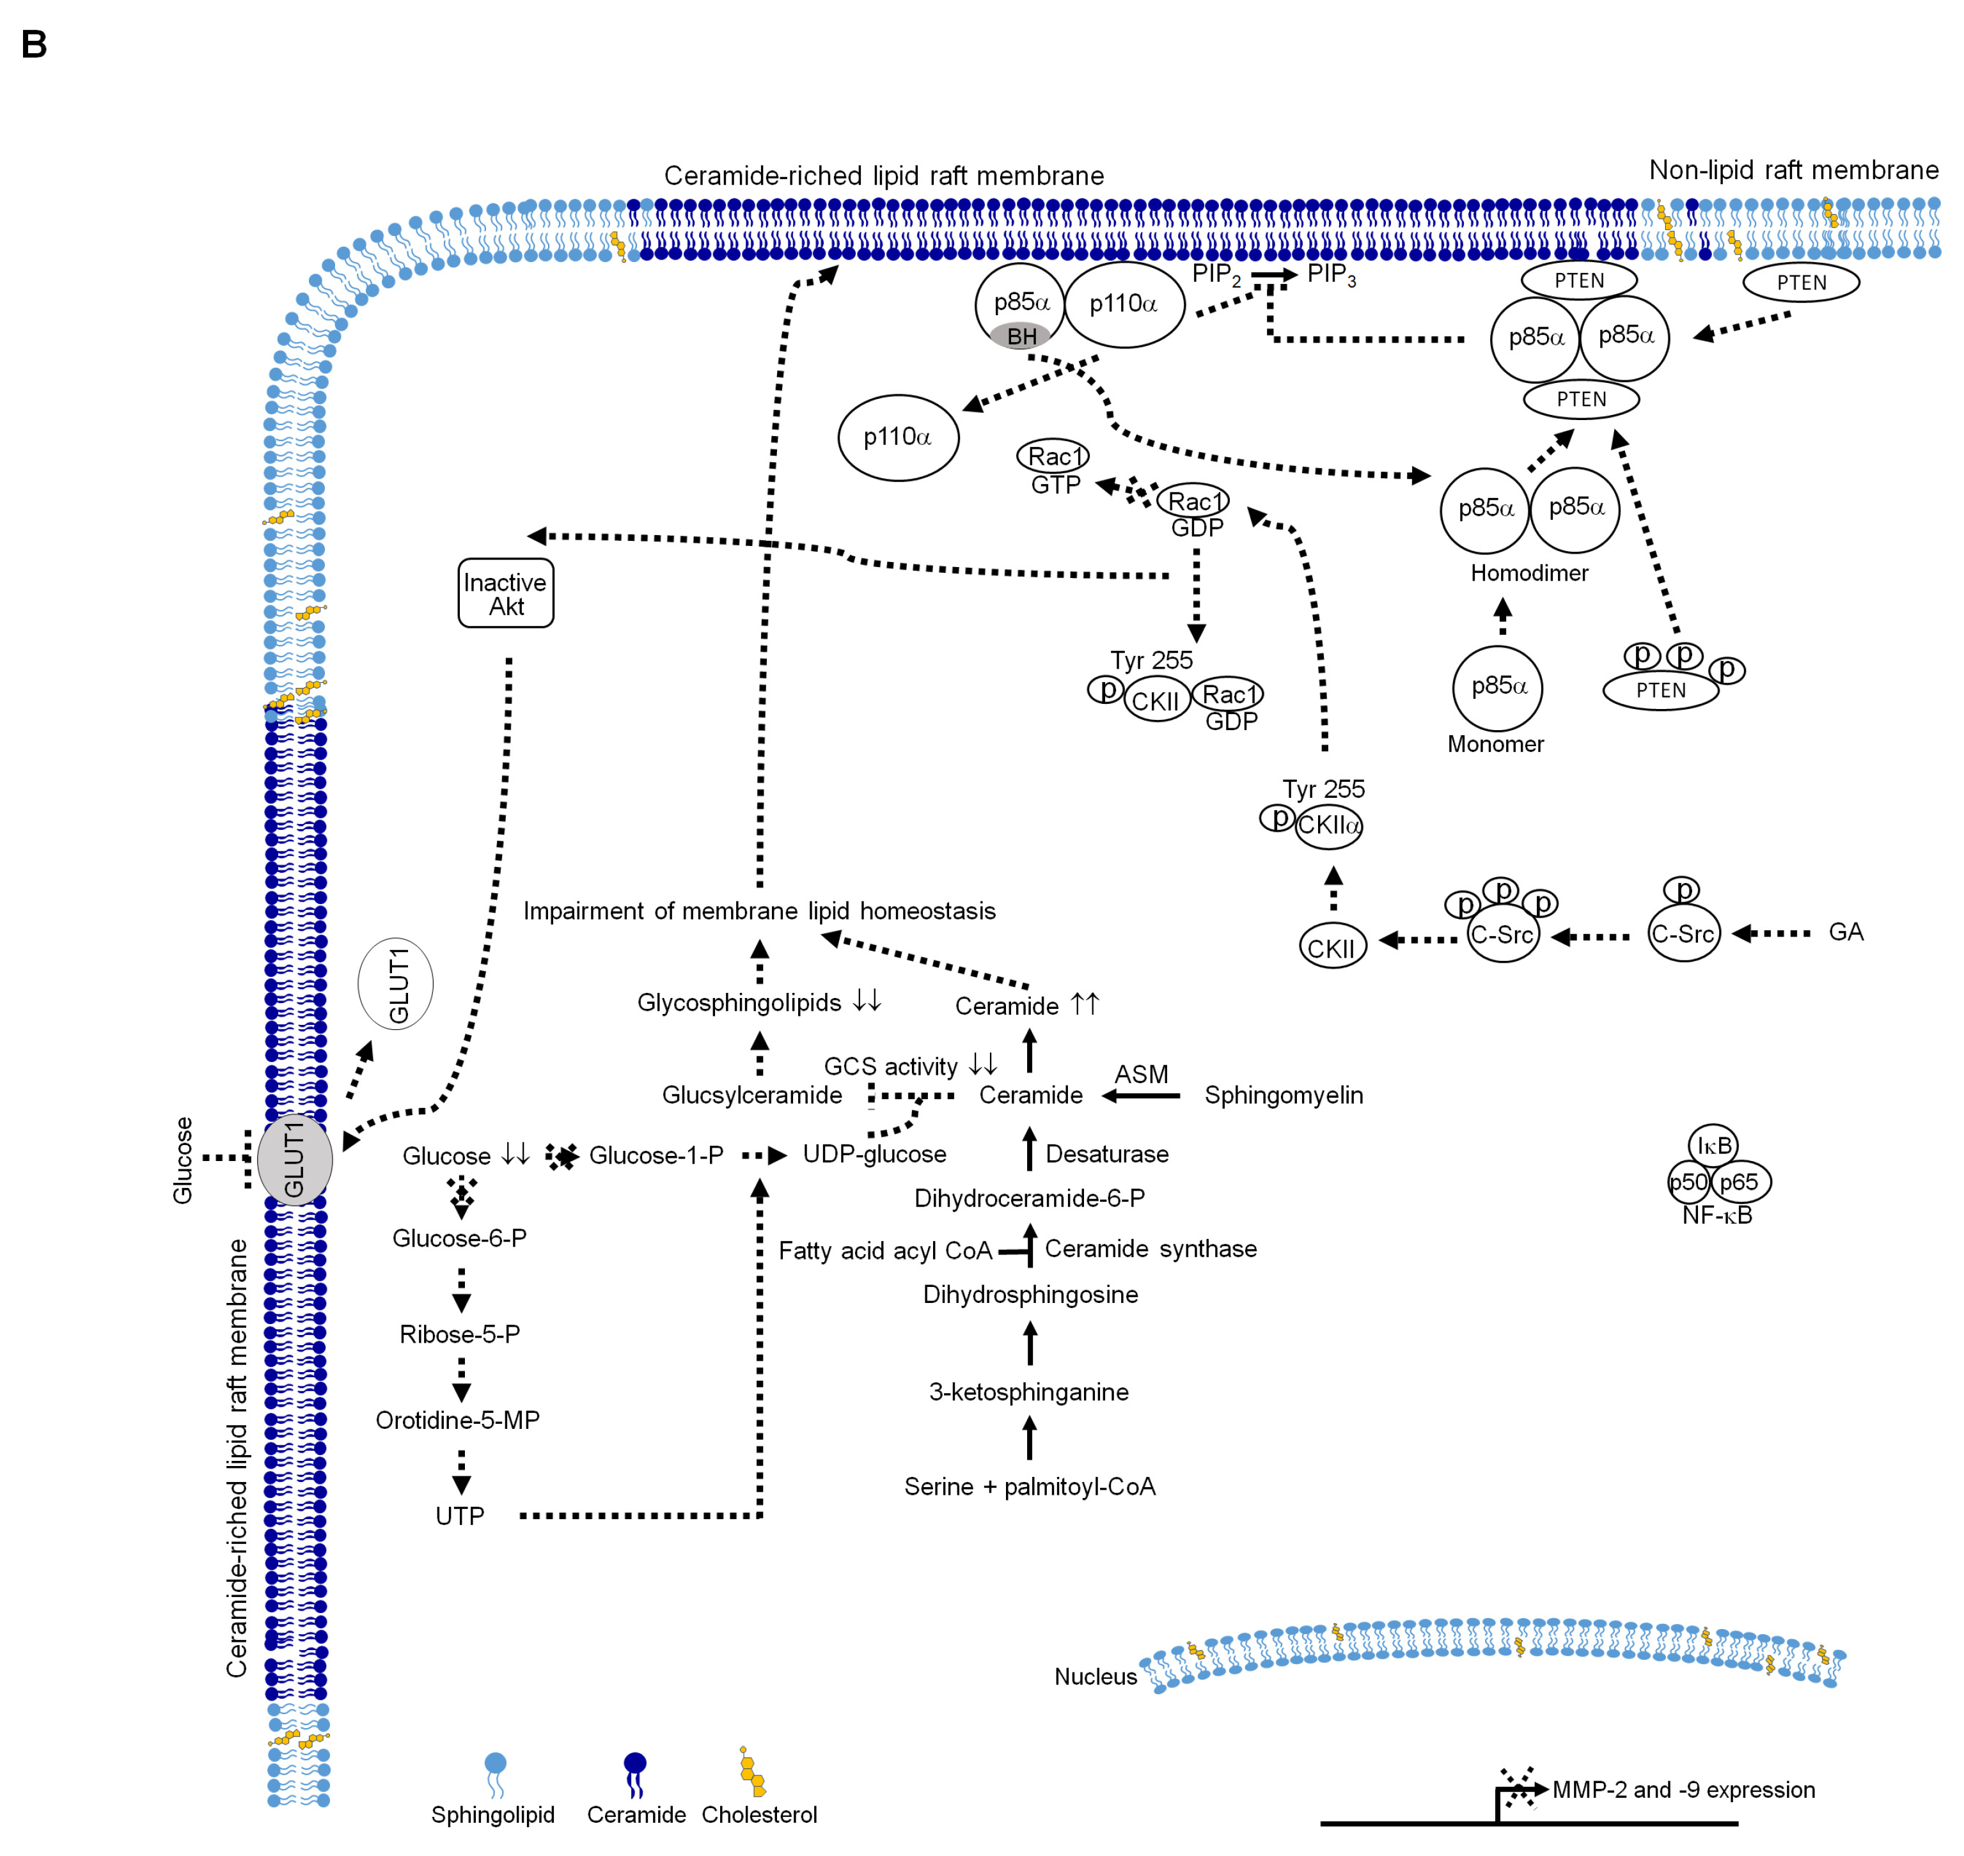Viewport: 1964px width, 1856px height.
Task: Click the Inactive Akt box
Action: (506, 593)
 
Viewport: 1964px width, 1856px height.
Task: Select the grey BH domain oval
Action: (1020, 336)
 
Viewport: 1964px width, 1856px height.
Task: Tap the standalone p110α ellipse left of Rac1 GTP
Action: (899, 437)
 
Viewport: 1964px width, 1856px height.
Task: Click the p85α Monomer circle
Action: (1498, 687)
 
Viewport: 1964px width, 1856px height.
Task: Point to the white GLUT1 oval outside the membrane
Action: (396, 985)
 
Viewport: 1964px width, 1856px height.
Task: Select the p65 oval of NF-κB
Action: (1740, 1182)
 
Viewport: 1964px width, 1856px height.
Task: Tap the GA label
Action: (1846, 932)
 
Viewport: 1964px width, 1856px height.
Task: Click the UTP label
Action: (460, 1517)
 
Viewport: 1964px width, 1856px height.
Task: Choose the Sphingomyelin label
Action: (1284, 1095)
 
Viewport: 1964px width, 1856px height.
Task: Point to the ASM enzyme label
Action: (1142, 1075)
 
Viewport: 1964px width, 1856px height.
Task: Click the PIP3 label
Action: (1332, 275)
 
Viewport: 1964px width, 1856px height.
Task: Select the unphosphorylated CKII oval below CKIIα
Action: (1332, 947)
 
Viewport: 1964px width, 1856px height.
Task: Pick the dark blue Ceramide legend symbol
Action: (635, 1775)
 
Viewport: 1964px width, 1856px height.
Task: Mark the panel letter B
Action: (34, 45)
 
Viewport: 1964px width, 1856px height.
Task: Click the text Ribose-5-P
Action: (460, 1334)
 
